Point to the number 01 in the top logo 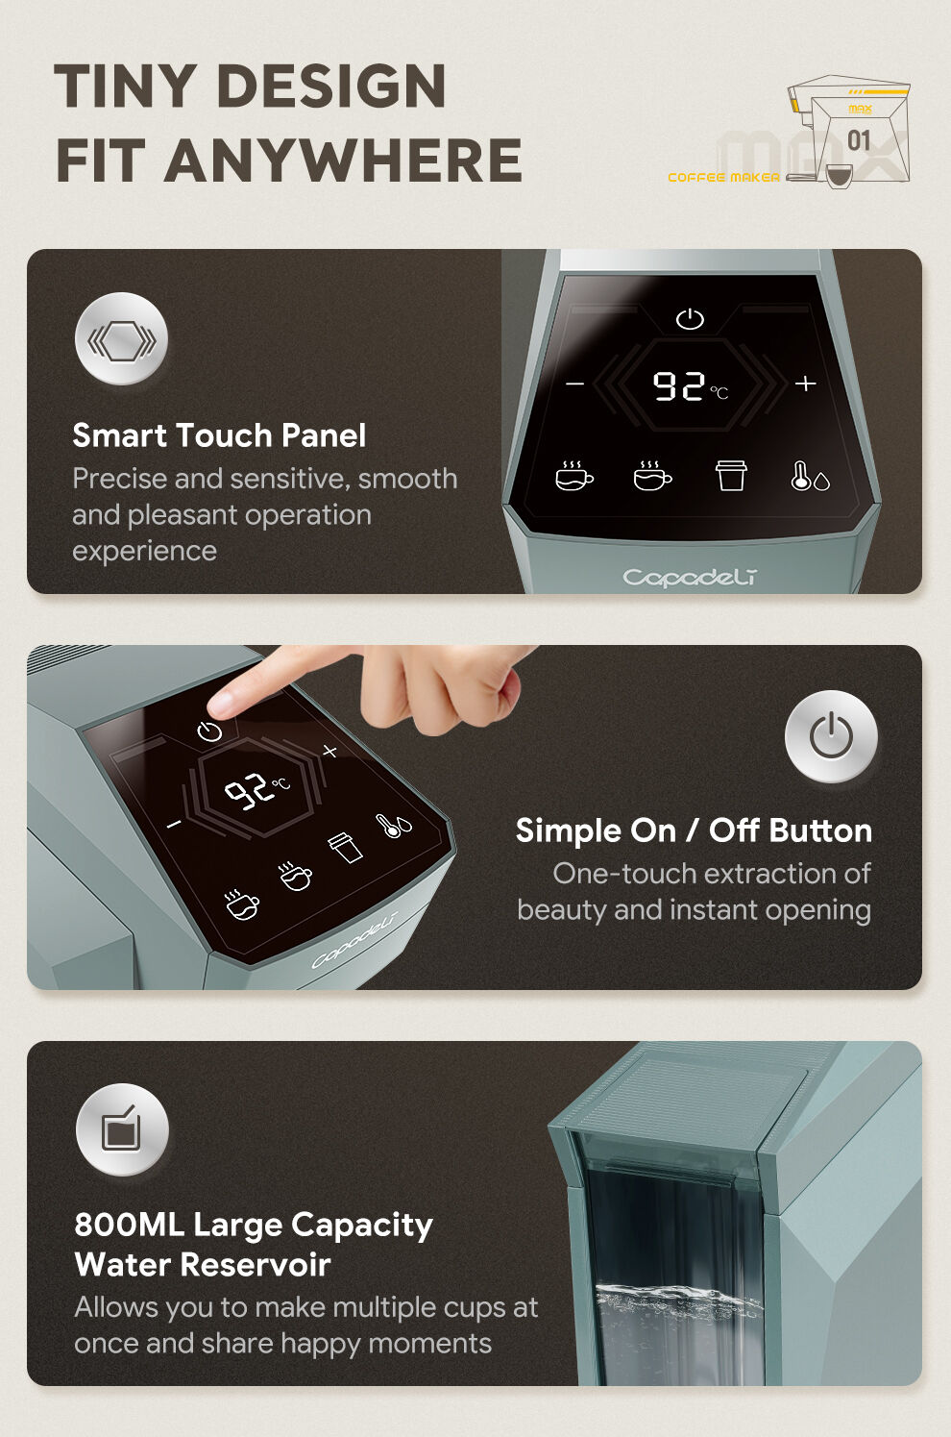(x=859, y=141)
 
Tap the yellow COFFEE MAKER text (x=723, y=177)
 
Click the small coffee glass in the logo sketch (x=839, y=175)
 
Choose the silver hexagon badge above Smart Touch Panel (x=121, y=338)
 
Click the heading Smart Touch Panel (x=219, y=435)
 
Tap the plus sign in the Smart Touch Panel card (x=805, y=383)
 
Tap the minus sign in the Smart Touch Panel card (x=574, y=384)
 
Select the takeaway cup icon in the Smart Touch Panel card (x=731, y=476)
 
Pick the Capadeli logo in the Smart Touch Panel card (x=690, y=578)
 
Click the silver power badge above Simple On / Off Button (x=831, y=736)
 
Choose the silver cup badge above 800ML (x=123, y=1129)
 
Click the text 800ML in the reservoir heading (x=130, y=1225)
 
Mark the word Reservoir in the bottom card (x=256, y=1265)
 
